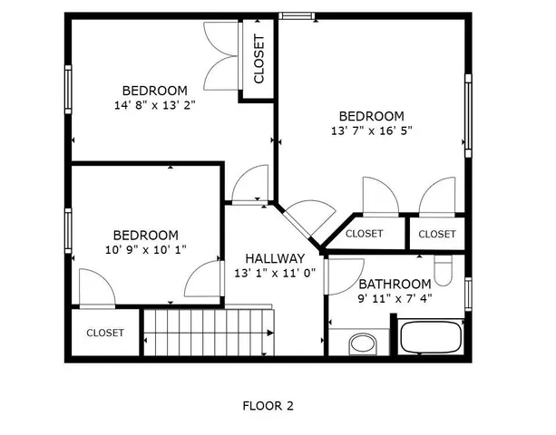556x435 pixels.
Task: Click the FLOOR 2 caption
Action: click(x=268, y=406)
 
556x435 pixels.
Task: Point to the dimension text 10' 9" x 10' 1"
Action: click(x=145, y=249)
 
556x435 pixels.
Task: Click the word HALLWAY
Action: click(x=274, y=258)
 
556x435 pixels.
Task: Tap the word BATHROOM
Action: click(x=395, y=284)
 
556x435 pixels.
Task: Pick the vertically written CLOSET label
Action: click(x=258, y=59)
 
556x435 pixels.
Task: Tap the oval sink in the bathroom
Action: click(x=363, y=343)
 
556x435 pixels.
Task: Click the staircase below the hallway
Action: click(x=210, y=333)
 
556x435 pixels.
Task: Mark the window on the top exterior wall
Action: click(x=297, y=15)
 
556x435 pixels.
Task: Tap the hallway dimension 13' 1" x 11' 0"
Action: click(x=274, y=273)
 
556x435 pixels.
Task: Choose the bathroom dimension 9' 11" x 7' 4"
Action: click(x=395, y=298)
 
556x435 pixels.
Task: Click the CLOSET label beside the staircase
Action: click(x=105, y=333)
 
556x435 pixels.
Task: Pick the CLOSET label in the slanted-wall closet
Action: click(x=364, y=234)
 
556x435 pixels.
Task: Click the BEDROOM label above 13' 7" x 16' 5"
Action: click(x=371, y=116)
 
